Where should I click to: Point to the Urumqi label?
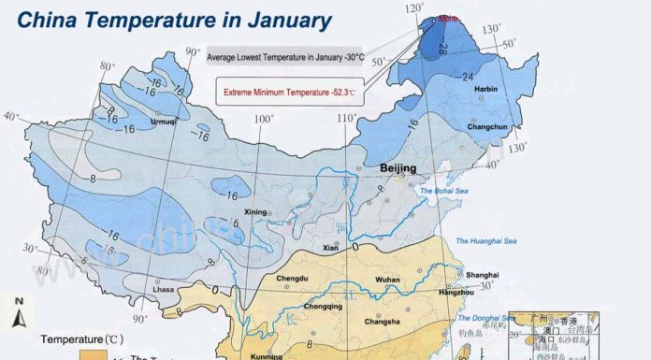tap(163, 122)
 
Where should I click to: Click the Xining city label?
tap(256, 212)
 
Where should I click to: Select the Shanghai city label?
tap(482, 275)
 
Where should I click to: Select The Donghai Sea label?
tap(473, 319)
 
